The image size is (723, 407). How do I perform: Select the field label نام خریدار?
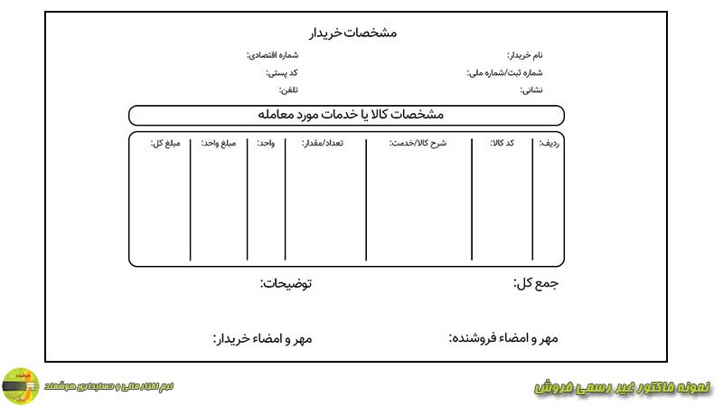tap(525, 55)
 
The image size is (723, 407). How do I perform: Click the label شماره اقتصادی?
tap(273, 55)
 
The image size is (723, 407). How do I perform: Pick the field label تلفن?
tap(288, 90)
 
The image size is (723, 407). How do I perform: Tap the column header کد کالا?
tap(502, 143)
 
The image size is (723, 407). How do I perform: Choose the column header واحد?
tap(267, 143)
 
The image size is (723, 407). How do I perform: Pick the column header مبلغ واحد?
tap(218, 143)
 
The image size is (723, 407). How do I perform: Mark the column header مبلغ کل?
tap(167, 143)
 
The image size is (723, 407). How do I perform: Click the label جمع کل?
tap(536, 284)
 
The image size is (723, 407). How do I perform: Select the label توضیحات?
tap(286, 284)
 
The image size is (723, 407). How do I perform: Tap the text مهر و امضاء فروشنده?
tap(503, 338)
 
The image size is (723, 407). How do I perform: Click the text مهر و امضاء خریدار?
tap(262, 339)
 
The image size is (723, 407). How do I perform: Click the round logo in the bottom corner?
tap(20, 386)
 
